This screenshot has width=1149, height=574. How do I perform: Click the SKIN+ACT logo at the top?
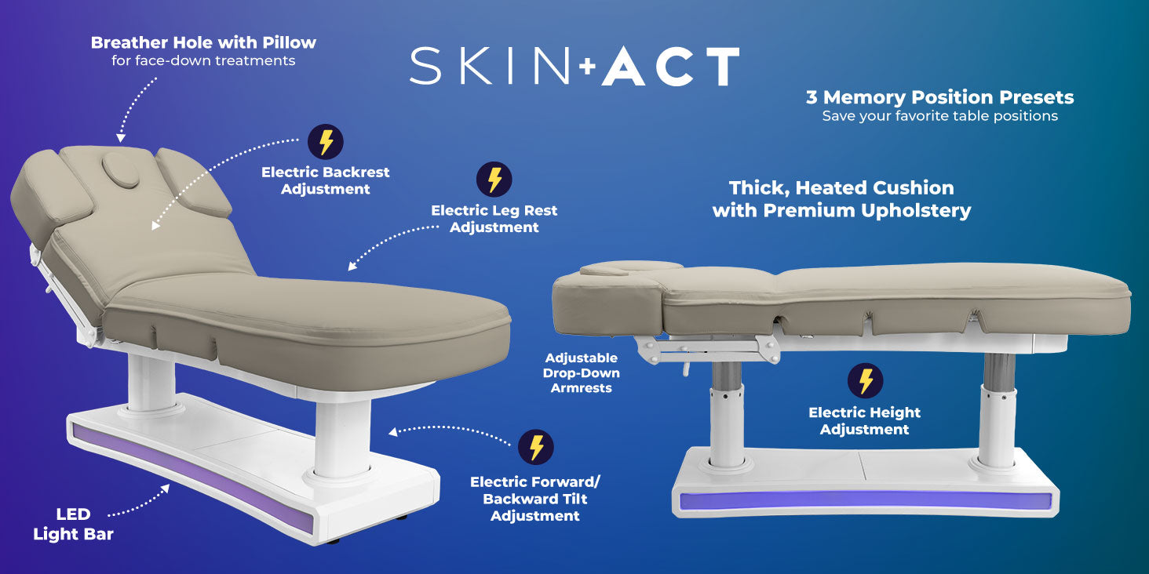(x=574, y=66)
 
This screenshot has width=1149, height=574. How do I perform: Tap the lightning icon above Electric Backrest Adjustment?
(x=326, y=142)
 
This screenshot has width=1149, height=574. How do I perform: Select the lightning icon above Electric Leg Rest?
(x=494, y=180)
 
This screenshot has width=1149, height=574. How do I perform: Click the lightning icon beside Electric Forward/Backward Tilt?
(x=536, y=447)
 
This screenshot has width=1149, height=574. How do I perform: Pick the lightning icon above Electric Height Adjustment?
(x=866, y=381)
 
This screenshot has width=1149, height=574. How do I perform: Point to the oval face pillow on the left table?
(x=121, y=169)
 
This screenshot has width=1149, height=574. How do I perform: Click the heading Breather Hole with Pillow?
(x=203, y=42)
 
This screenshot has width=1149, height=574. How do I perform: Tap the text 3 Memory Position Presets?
(x=939, y=97)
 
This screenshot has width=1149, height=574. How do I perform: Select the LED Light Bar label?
(x=73, y=525)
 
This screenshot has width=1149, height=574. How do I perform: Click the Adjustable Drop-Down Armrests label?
(x=581, y=372)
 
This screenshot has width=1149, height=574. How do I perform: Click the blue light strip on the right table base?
(x=866, y=501)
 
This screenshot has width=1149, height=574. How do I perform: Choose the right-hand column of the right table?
(x=998, y=410)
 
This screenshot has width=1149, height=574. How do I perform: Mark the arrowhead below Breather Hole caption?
(x=121, y=138)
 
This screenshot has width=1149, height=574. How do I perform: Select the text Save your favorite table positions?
(x=939, y=116)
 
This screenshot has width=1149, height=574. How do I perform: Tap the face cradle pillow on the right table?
(x=631, y=268)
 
